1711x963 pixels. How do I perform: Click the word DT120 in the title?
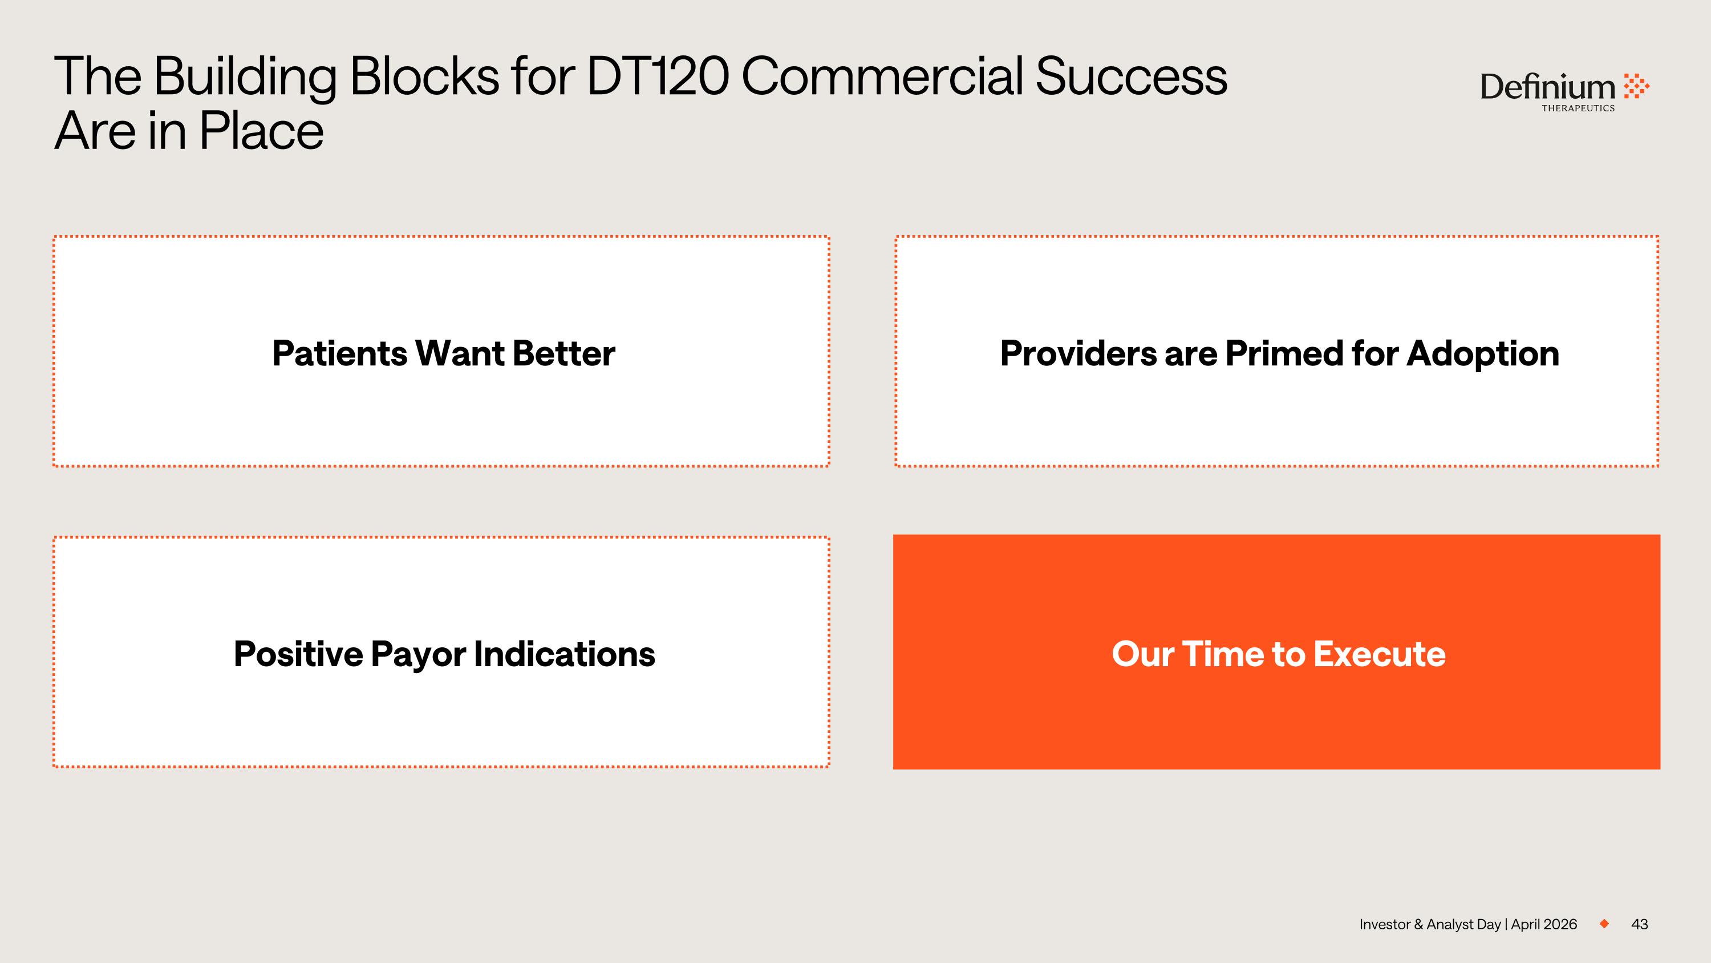658,76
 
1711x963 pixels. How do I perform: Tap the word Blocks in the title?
424,76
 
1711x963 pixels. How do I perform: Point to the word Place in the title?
261,131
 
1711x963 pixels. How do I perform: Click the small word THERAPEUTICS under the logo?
1578,108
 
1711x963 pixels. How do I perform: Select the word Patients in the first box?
339,353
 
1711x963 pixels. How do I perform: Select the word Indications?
565,654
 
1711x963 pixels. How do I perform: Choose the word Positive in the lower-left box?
298,654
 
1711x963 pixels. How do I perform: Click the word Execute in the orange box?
1379,654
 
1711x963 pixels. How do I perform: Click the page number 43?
1639,924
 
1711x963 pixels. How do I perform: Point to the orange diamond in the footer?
1604,924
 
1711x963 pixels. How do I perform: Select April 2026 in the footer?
1544,924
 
